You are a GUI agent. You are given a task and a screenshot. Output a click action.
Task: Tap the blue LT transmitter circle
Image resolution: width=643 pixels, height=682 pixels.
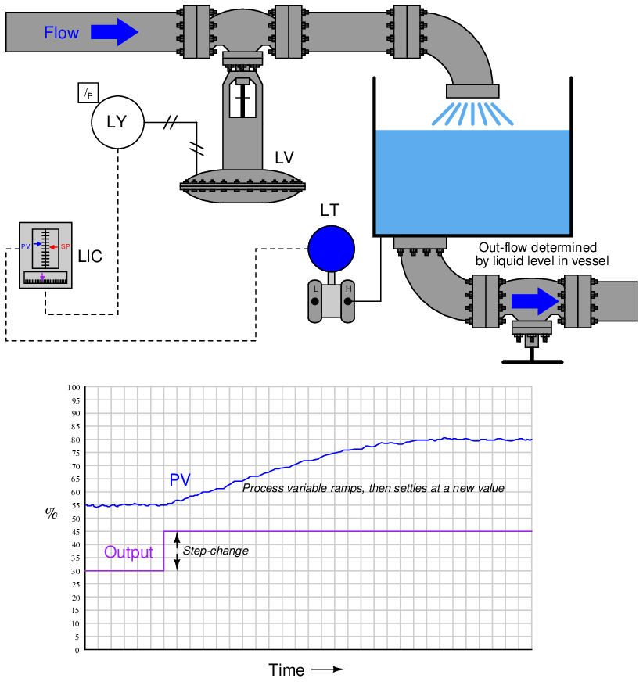(x=331, y=248)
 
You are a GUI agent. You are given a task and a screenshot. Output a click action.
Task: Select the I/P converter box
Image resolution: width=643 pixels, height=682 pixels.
(x=88, y=92)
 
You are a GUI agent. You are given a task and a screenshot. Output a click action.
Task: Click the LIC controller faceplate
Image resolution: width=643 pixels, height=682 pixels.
(x=45, y=255)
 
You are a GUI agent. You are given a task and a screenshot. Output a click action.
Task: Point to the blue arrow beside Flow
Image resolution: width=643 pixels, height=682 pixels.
(x=114, y=32)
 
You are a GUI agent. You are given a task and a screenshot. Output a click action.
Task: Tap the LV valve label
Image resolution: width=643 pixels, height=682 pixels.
(x=284, y=157)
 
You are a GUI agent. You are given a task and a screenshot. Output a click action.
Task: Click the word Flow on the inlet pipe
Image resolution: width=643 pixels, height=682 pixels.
(x=61, y=33)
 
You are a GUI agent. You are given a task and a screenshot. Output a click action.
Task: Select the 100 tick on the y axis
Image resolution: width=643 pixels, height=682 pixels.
(x=74, y=388)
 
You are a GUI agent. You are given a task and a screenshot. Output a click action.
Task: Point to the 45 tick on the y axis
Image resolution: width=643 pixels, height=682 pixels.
(x=75, y=532)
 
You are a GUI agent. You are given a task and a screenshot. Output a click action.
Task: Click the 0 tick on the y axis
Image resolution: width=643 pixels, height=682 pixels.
(x=77, y=650)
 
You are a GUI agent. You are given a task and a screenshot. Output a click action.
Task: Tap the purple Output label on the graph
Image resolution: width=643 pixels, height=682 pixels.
(x=128, y=552)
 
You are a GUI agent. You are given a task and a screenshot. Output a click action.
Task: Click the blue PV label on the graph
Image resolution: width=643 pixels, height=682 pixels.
(x=180, y=479)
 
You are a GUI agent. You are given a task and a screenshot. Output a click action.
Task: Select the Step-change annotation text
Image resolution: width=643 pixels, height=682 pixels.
(x=215, y=551)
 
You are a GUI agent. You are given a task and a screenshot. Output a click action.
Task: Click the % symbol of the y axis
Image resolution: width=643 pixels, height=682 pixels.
(x=51, y=513)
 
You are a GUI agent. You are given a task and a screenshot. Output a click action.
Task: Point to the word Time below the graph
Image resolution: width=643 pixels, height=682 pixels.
(x=286, y=670)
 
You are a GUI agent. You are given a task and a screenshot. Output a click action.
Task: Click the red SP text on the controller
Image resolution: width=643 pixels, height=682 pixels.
(x=66, y=246)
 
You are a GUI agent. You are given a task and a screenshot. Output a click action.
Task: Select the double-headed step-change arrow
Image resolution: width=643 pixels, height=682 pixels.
(x=177, y=551)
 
